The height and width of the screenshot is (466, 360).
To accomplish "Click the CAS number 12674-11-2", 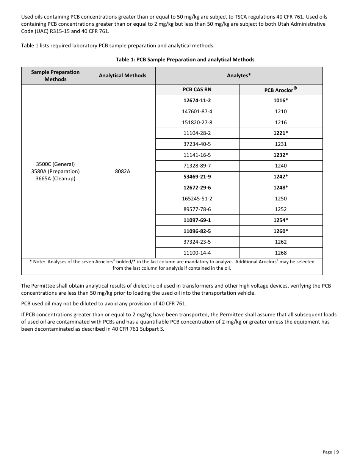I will (x=197, y=100).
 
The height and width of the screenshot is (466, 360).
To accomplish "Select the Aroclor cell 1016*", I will (x=280, y=100).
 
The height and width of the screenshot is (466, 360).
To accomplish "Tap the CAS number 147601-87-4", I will (x=197, y=111).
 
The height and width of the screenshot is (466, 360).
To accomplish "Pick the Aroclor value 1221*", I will (x=280, y=133).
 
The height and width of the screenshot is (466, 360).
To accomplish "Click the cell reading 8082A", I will (x=122, y=171).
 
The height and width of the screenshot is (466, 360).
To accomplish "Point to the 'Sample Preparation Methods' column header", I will (x=55, y=75).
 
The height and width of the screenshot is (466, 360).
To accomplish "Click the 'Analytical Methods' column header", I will (x=122, y=75).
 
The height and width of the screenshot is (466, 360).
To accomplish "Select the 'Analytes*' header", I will (x=239, y=75).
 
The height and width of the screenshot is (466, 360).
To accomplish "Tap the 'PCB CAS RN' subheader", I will (x=197, y=90).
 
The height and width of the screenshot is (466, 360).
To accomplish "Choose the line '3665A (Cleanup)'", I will (x=55, y=178).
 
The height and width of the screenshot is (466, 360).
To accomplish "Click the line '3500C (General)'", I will (x=55, y=164).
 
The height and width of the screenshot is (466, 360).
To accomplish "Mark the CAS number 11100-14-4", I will (x=197, y=253).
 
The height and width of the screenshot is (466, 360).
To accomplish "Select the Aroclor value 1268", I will (x=280, y=253).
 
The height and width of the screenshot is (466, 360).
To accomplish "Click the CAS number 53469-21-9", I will (x=197, y=177).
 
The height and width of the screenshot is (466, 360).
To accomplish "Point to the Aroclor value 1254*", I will (x=280, y=220).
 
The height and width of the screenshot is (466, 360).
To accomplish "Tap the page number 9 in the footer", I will (x=337, y=452).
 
